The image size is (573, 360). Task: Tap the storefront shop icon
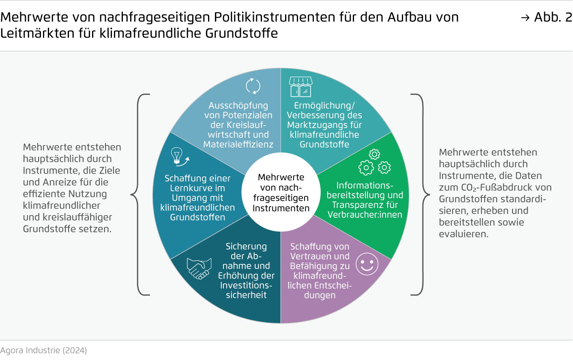coord(300,87)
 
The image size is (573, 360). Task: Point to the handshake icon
coord(199,268)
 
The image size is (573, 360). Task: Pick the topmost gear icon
coord(374,154)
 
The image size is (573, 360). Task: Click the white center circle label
coord(281,192)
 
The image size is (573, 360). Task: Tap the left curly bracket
coord(138,195)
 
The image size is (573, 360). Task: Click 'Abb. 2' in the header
coord(553,17)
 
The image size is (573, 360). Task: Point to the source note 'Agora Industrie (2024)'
coord(43,350)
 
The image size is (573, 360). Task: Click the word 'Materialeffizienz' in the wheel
coord(238,144)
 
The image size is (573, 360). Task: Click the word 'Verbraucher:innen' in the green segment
coord(365,215)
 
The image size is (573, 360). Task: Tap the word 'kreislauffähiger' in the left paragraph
coord(77,217)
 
